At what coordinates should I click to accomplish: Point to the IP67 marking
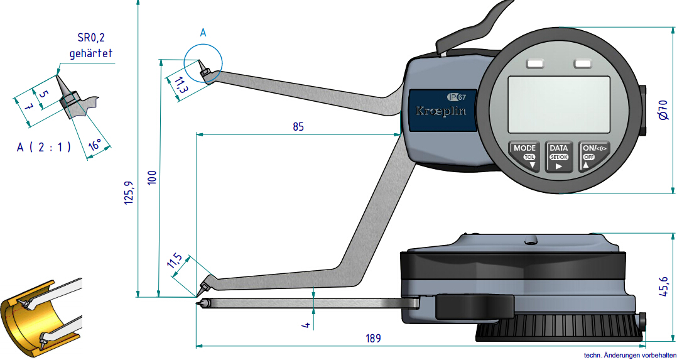(457, 97)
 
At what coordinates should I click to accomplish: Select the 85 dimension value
(298, 126)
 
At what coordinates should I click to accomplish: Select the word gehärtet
(90, 53)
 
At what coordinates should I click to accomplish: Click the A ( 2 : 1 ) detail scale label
(43, 147)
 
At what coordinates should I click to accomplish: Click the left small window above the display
(536, 63)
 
